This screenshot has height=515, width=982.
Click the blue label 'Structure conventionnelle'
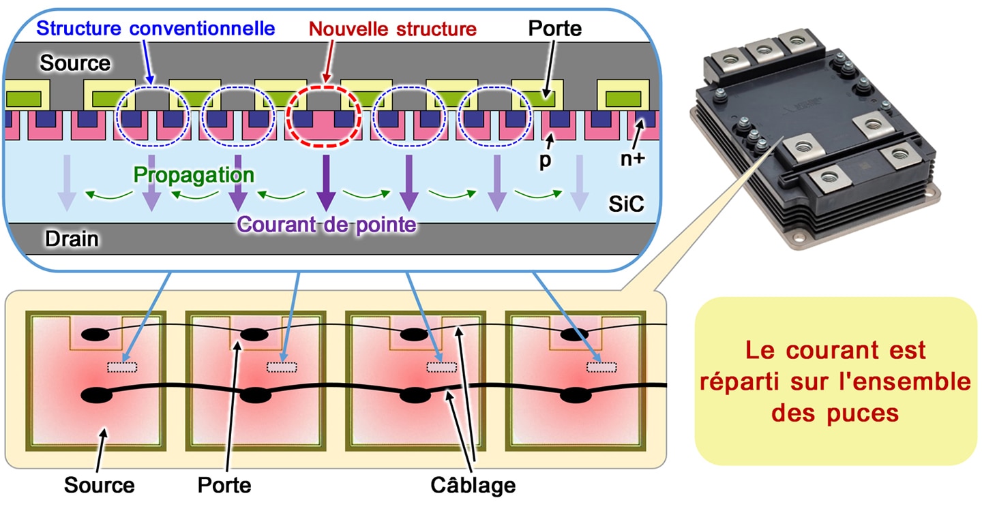155,29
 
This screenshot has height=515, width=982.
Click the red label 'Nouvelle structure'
392,29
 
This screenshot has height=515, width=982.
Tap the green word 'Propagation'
194,174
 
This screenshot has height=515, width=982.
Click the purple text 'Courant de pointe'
327,225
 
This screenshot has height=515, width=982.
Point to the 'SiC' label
626,204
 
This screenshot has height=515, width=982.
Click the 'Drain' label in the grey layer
72,239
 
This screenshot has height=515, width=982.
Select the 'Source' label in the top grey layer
75,63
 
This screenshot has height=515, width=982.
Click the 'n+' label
633,159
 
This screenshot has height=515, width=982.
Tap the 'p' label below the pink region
545,161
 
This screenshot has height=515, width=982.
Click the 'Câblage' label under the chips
473,485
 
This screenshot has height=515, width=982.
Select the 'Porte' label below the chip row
224,485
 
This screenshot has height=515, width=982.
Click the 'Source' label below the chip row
99,485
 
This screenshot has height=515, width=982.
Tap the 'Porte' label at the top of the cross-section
555,29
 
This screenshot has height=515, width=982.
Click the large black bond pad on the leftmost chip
97,395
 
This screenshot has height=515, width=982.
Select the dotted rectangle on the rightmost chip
601,367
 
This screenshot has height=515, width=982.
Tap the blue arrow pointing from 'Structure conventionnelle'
147,62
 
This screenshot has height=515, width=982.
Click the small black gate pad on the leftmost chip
95,335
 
